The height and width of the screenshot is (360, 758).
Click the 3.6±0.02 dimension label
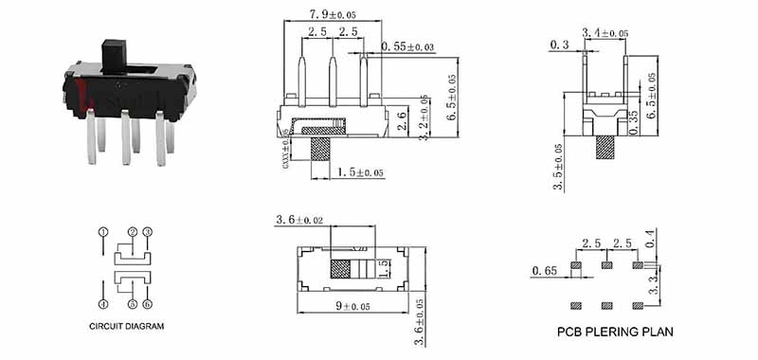300,220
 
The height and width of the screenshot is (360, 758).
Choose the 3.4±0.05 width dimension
605,33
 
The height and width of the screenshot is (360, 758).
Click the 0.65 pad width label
544,271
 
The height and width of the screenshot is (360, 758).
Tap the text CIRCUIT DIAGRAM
127,326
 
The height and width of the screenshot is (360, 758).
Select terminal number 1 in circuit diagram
103,231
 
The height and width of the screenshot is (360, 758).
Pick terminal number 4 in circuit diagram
103,304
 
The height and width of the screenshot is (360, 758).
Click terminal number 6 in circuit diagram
148,304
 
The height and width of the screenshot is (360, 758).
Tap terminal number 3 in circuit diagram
148,231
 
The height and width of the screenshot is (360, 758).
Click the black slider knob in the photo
114,55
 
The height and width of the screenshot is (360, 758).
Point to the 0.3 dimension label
559,45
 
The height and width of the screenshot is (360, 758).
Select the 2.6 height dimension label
401,120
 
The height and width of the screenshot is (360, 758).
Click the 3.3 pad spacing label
651,283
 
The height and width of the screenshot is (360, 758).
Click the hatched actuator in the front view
321,150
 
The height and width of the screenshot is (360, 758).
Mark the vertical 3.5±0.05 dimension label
558,168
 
